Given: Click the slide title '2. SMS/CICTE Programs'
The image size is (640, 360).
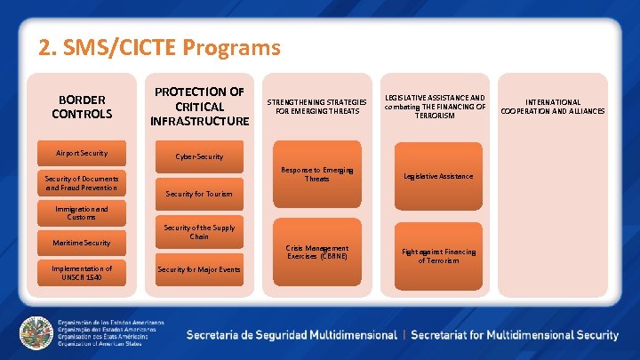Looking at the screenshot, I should pos(159,47).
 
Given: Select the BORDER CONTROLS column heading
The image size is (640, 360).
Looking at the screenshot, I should pos(82,107).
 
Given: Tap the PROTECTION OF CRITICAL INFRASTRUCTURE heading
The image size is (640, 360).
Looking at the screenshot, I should pos(199,106).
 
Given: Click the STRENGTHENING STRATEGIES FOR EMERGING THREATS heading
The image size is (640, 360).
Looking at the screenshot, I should pos(317,107).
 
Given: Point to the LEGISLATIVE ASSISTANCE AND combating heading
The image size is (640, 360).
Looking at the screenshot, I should pos(435,107).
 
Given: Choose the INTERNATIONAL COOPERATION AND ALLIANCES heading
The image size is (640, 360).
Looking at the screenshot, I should pos(553,107).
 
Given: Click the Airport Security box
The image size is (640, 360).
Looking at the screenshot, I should pos(82,153).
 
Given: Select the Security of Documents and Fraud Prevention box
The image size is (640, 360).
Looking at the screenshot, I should pos(82,183).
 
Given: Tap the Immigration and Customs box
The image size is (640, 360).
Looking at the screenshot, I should pos(82,213).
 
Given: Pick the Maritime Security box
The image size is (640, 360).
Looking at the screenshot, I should pos(82,243).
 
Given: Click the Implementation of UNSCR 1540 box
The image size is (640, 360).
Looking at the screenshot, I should pos(82,273).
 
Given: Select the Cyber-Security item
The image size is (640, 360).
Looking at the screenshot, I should pos(199,156).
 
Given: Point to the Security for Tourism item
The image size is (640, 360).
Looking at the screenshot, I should pos(199,194).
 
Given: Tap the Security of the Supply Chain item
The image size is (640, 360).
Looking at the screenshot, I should pos(199,232).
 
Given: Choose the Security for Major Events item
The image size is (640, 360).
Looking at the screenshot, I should pos(199,269).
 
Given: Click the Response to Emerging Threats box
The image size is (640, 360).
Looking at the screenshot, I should pos(317,175).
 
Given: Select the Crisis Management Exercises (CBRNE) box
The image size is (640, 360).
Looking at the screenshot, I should pos(317,252).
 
